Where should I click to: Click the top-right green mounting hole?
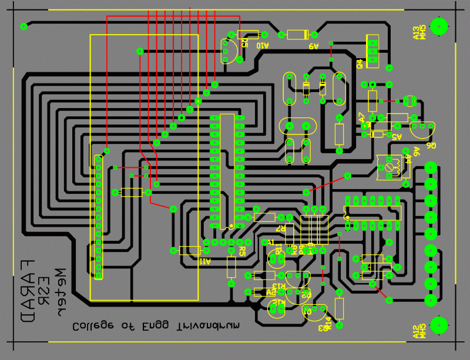[438, 26]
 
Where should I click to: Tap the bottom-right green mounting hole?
[438, 325]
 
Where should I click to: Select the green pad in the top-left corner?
[24, 26]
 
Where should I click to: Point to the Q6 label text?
[431, 146]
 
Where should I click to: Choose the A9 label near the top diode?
[313, 46]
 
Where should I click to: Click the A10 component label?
[262, 46]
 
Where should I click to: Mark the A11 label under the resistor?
[204, 261]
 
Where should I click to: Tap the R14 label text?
[329, 322]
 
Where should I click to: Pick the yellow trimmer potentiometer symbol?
[390, 166]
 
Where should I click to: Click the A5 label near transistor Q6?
[396, 137]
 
